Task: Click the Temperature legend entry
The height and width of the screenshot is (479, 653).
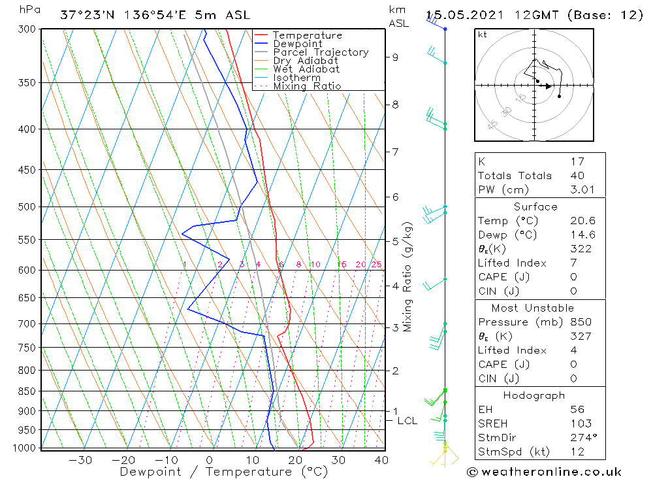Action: pos(307,35)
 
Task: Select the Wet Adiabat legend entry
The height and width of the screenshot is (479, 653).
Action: pos(306,69)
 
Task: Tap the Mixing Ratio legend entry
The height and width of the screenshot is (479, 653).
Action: pos(307,86)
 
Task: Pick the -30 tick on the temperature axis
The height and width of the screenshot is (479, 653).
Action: pos(80,460)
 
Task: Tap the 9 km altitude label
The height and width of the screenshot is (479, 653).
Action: pos(395,57)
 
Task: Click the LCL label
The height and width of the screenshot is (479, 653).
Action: pos(407,421)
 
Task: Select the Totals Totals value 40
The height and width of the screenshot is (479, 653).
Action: pos(577,175)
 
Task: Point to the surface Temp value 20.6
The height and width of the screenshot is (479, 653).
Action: pos(582,221)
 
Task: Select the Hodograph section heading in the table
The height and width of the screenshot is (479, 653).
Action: pos(535,395)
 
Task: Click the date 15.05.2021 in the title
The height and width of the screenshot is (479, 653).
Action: pos(468,15)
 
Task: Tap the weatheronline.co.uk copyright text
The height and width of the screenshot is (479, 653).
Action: pos(544,472)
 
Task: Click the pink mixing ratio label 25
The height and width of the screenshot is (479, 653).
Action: pos(376,265)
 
